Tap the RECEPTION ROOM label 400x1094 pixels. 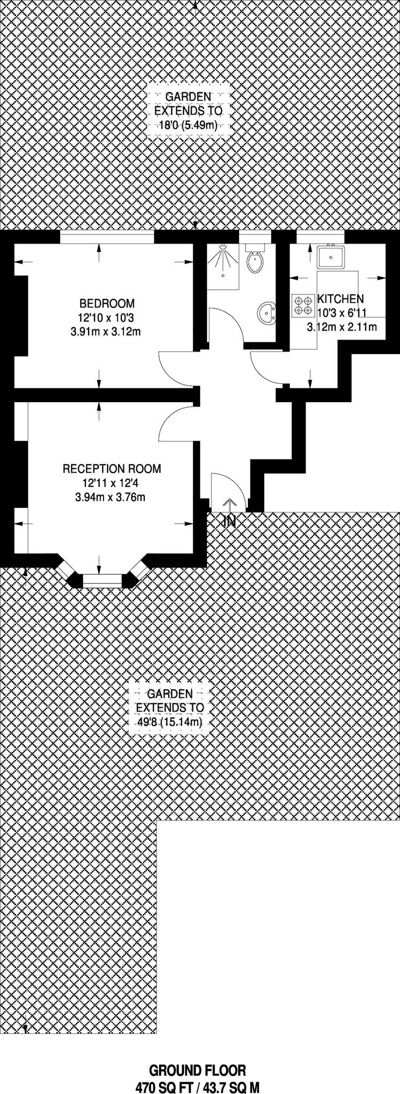tap(112, 469)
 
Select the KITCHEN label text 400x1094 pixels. tap(341, 299)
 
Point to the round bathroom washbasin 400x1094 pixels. tap(267, 312)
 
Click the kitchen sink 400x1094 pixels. tap(331, 257)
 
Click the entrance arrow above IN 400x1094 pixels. tap(230, 506)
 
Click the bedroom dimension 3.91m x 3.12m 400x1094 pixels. tap(106, 332)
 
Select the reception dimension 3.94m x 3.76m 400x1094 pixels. tap(111, 498)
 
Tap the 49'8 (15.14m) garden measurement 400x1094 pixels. tap(170, 723)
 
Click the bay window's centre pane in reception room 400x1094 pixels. tap(103, 581)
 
